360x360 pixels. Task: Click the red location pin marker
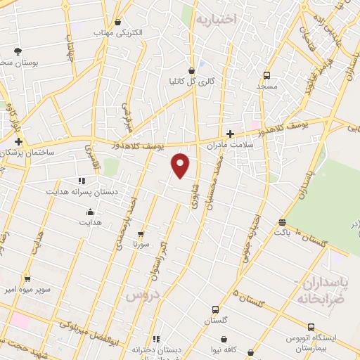(x=181, y=165)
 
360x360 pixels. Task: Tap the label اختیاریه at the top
(x=217, y=18)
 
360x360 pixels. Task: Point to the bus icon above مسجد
(x=266, y=75)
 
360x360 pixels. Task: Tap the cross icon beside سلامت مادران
(x=230, y=134)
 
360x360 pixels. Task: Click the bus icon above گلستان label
(x=215, y=309)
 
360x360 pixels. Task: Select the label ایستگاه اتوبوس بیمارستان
(x=310, y=342)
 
